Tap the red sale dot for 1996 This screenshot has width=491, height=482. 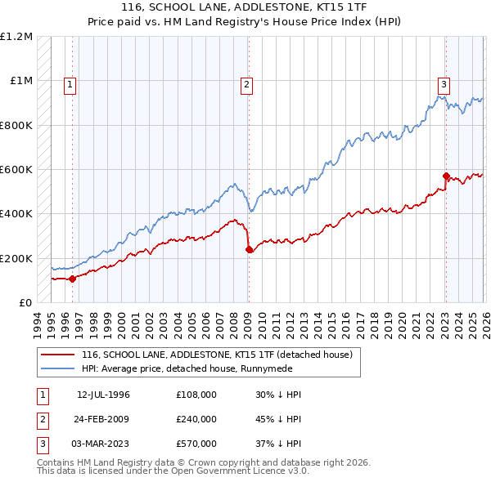pos(72,279)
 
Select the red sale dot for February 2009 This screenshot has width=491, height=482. pos(249,250)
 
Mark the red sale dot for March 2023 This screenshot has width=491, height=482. pos(446,176)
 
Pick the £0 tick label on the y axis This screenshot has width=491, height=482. pos(25,302)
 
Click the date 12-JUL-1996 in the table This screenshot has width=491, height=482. pos(103,395)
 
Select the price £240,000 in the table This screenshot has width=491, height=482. pos(196,419)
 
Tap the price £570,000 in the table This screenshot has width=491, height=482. pos(196,444)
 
